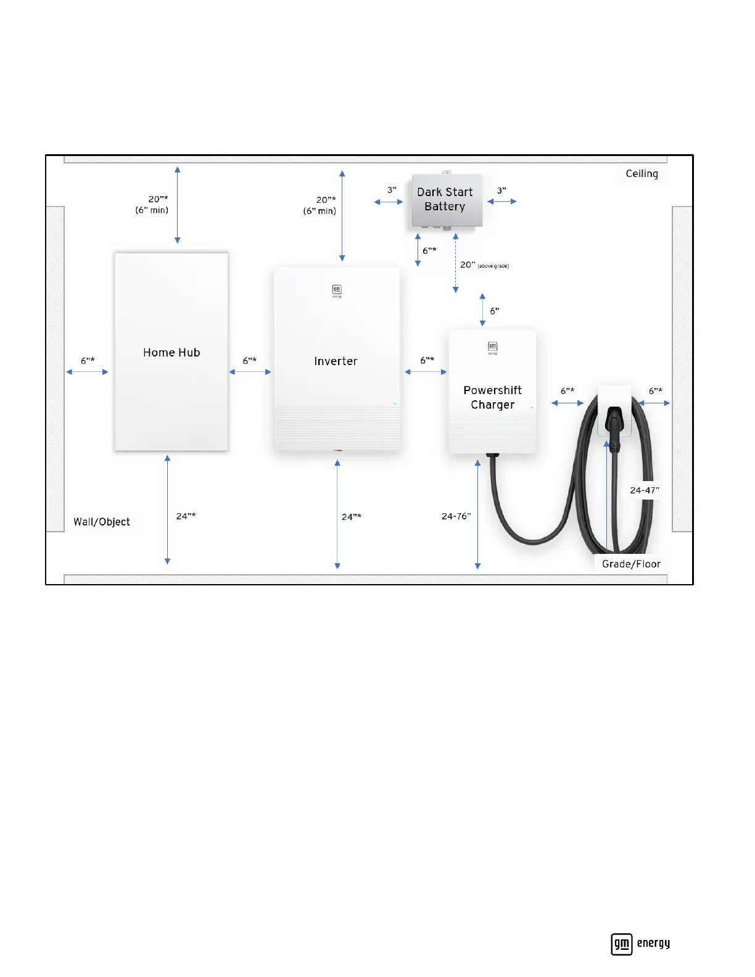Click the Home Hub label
[x=171, y=353]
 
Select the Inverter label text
[x=336, y=361]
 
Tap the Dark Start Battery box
[x=445, y=200]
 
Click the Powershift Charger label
[x=492, y=397]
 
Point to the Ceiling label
[x=642, y=174]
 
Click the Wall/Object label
[x=102, y=522]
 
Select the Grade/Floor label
[x=631, y=564]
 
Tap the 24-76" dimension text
[x=456, y=516]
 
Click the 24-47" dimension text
[x=645, y=490]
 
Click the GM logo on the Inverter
[x=337, y=290]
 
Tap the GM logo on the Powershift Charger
[x=492, y=347]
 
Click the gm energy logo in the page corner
[x=640, y=944]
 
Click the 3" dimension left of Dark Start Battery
[x=392, y=191]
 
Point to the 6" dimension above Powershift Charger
[x=495, y=311]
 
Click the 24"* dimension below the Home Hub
[x=186, y=516]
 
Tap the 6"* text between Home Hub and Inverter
[x=250, y=361]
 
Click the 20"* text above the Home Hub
[x=158, y=199]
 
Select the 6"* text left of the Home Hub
[x=88, y=361]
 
